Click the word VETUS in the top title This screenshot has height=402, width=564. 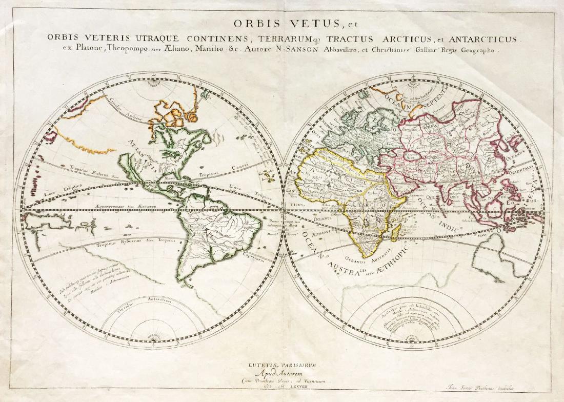click(306, 24)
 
